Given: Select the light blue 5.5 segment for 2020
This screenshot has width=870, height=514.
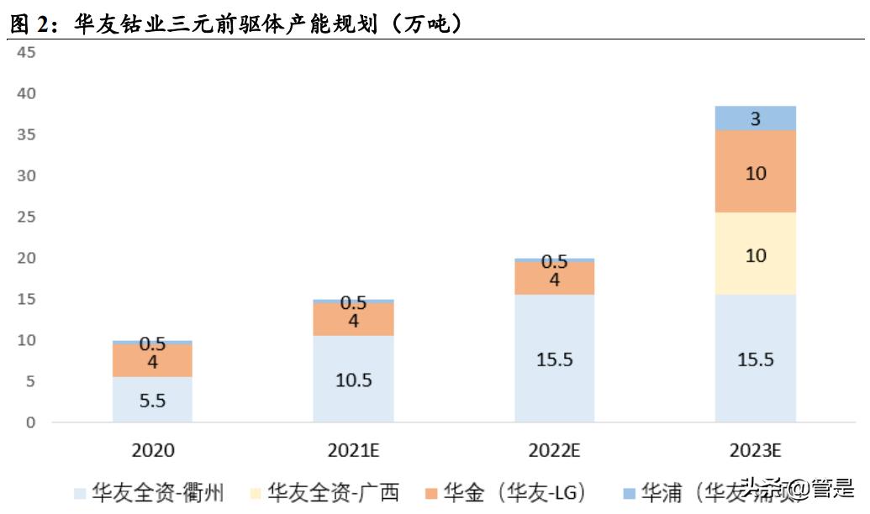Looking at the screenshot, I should click(x=152, y=399).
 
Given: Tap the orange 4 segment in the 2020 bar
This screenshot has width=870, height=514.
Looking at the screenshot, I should click(x=152, y=361).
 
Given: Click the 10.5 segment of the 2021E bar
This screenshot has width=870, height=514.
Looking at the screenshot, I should click(x=353, y=379).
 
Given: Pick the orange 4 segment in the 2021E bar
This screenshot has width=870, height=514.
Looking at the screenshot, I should click(x=353, y=319).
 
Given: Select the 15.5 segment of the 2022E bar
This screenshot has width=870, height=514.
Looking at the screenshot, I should click(x=554, y=359).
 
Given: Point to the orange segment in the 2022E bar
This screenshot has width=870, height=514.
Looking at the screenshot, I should click(x=554, y=279).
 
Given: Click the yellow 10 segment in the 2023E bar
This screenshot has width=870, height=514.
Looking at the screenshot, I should click(x=755, y=254).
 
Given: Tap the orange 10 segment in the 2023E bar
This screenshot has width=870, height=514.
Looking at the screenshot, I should click(x=755, y=172).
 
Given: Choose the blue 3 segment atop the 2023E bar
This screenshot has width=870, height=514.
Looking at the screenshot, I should click(x=755, y=118).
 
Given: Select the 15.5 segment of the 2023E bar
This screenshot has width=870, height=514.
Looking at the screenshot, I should click(x=755, y=359).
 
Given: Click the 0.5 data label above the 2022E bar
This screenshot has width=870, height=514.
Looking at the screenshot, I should click(x=554, y=261).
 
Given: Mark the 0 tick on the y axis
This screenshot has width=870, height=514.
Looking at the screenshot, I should click(x=31, y=422).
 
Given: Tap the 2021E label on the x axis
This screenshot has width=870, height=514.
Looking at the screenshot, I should click(x=353, y=451).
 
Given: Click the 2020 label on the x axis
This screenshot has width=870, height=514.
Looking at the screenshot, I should click(x=152, y=451).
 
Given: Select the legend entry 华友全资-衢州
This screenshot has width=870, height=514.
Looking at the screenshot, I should click(x=150, y=492).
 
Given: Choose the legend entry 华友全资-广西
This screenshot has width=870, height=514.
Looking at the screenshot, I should click(x=324, y=492).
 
